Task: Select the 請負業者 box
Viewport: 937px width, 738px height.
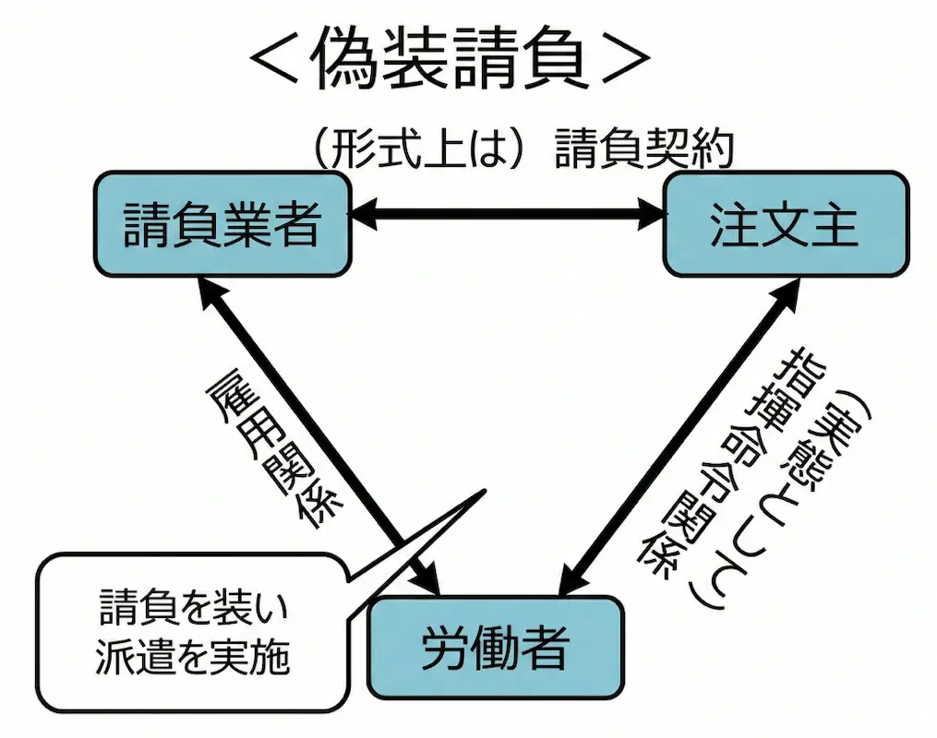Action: tap(222, 223)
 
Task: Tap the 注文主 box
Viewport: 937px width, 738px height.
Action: tap(786, 223)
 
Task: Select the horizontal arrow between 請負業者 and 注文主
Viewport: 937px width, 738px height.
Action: tap(508, 216)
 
